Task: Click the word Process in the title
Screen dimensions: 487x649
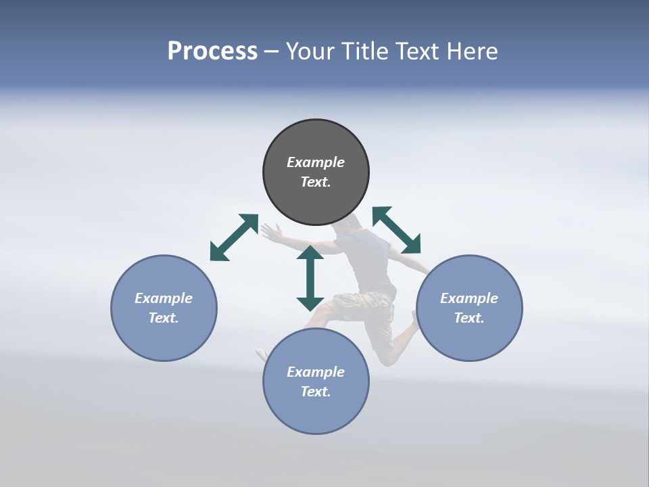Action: (x=212, y=51)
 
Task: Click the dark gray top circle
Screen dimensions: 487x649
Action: (x=316, y=196)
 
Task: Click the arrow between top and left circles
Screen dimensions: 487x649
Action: (x=234, y=237)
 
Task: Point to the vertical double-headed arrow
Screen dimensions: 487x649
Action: (x=310, y=278)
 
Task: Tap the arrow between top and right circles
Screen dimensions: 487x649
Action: (x=397, y=230)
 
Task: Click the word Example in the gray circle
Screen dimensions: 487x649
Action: (x=316, y=162)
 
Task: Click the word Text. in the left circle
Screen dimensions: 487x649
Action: (x=164, y=318)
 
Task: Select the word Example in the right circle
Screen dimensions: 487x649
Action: (x=469, y=298)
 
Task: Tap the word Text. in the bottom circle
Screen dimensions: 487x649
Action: (x=316, y=392)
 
